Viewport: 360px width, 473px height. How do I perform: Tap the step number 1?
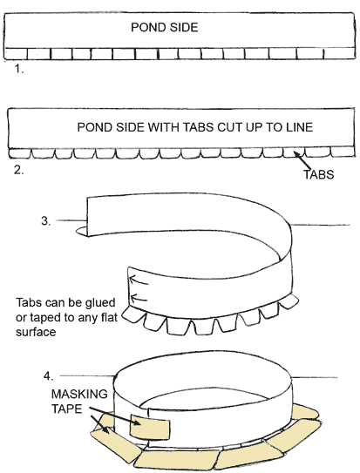19,69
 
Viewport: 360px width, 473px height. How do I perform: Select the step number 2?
18,170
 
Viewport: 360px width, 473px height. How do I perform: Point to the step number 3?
46,221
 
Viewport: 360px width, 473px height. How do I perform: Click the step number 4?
49,376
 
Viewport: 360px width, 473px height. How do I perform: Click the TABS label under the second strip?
319,175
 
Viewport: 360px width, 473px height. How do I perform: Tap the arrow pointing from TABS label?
302,161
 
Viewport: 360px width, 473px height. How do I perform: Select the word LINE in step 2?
300,127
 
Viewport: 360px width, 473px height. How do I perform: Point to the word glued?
100,302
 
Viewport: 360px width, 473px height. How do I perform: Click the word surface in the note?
36,332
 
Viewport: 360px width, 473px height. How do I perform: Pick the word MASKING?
79,394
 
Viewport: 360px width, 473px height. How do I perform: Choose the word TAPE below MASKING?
67,409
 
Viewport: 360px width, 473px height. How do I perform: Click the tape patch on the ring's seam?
150,427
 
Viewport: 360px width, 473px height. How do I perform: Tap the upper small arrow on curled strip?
139,280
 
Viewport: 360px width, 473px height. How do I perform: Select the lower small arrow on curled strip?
139,298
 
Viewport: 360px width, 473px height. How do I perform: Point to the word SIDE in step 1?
184,28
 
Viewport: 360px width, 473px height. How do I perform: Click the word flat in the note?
108,317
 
